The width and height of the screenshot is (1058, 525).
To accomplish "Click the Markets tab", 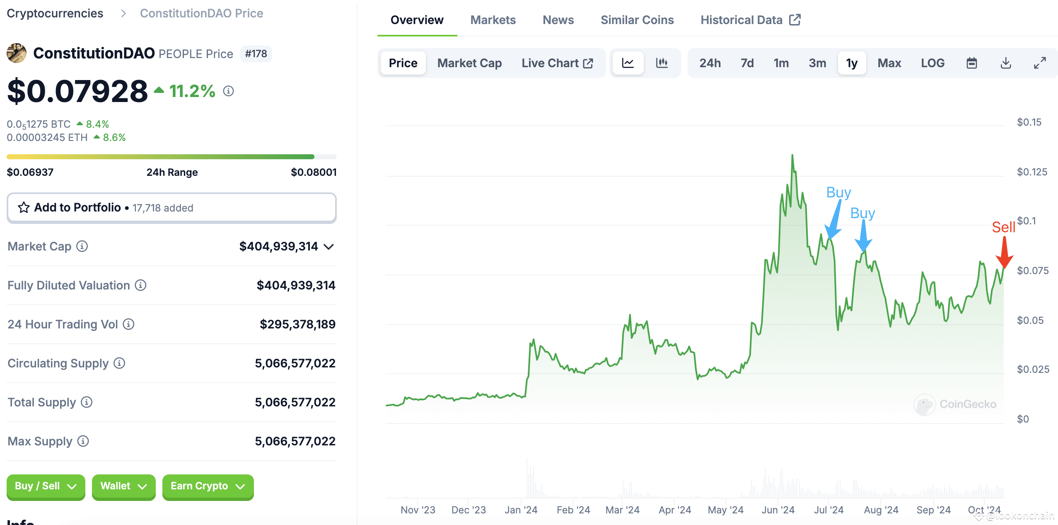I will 493,20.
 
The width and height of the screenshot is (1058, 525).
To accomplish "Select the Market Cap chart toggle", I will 469,63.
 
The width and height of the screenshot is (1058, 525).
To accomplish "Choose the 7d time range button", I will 747,63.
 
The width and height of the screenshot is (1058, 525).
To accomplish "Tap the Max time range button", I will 889,63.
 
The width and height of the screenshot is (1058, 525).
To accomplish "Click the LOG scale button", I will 932,63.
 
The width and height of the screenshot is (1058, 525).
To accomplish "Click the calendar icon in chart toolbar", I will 971,63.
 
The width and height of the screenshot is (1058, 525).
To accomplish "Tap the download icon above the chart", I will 1005,63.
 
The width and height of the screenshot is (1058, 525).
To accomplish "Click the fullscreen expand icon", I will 1040,63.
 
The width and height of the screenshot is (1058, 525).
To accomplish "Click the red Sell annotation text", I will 1003,227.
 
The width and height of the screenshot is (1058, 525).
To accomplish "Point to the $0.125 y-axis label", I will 1031,172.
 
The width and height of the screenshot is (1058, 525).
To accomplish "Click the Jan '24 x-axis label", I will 521,510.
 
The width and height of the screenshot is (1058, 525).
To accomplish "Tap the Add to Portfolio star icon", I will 24,207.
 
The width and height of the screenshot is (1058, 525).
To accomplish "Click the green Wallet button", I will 123,486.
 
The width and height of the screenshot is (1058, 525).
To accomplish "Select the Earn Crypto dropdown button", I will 208,486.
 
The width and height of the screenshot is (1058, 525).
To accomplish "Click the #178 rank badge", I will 256,54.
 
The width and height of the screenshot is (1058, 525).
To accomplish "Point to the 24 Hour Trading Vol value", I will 297,324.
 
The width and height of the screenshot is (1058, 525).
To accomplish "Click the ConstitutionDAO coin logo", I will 17,53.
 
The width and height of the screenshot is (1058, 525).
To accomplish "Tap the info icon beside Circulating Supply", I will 119,363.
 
